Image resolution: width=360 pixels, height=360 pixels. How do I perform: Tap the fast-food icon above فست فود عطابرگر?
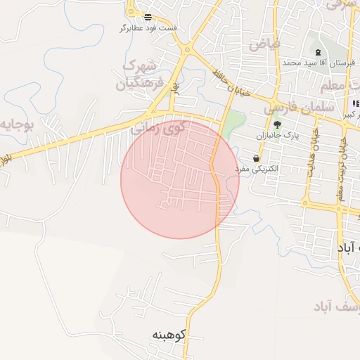pyautogui.click(x=148, y=17)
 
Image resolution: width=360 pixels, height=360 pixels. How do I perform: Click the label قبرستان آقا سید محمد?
pyautogui.click(x=316, y=62)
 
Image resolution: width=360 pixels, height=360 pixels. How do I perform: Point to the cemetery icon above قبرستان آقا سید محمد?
pyautogui.click(x=318, y=51)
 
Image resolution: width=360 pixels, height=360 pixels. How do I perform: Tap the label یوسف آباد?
pyautogui.click(x=333, y=307)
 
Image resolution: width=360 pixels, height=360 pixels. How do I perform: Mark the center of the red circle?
pyautogui.click(x=179, y=179)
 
